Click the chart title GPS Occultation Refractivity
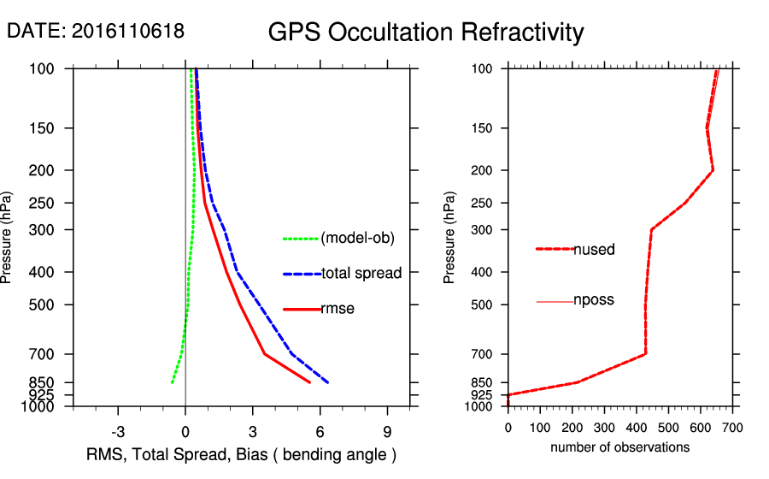tap(426, 33)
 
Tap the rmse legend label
tap(337, 309)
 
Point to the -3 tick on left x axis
tap(119, 430)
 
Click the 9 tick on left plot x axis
tap(387, 430)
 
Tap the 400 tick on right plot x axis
tap(637, 428)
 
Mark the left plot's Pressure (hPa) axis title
tap(8, 237)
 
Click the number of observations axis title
tap(619, 447)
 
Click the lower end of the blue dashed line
tap(327, 381)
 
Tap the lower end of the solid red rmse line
tap(309, 382)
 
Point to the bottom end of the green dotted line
tap(172, 382)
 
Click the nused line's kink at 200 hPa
tap(713, 170)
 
